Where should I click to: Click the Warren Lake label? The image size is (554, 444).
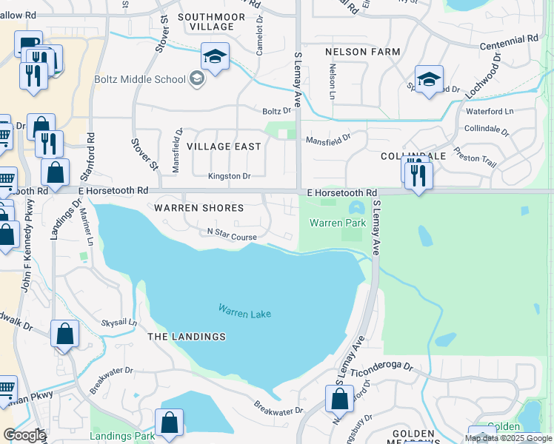point(244,313)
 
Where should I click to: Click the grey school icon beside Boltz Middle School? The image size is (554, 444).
point(196,78)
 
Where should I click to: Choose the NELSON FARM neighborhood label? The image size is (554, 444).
point(362,52)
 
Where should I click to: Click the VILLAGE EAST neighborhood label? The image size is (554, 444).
point(224,147)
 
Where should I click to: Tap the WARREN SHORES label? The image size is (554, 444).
point(200,208)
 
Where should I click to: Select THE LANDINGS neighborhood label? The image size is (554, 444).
point(187,337)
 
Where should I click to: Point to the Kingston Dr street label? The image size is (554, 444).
point(230,176)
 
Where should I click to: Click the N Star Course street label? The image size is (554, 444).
point(232,237)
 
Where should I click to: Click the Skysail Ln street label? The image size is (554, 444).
point(119,323)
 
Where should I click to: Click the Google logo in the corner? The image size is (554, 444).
point(24,435)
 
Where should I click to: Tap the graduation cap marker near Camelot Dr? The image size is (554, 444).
point(215,57)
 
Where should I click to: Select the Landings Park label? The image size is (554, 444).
point(122,436)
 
